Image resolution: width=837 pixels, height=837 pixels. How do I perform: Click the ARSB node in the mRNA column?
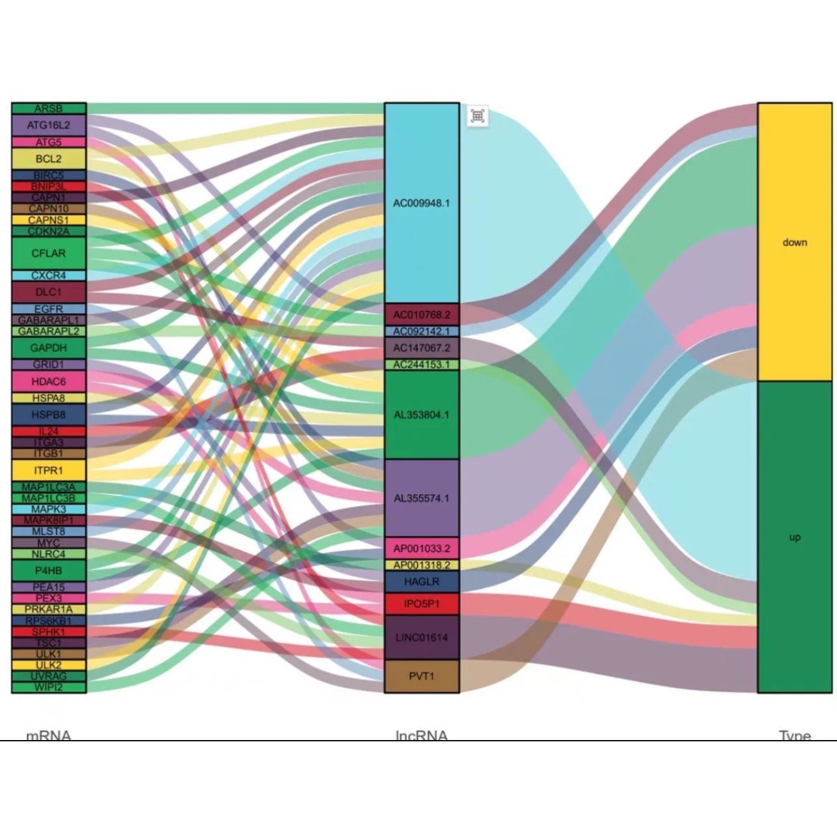(x=49, y=109)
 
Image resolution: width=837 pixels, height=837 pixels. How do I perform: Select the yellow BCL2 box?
(x=49, y=159)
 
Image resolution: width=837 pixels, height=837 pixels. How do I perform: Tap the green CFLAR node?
(x=49, y=253)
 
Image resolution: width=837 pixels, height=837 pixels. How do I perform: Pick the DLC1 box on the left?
(x=49, y=292)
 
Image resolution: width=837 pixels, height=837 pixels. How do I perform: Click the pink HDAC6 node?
(x=49, y=381)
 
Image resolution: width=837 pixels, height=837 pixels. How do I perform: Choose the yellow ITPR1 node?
(x=49, y=470)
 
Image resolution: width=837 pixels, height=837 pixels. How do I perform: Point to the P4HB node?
(x=49, y=570)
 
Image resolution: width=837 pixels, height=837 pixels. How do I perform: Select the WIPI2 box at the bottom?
(x=49, y=687)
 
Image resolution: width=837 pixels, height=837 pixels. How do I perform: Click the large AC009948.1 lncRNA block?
(x=422, y=203)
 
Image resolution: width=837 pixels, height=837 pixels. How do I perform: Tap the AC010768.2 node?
(x=422, y=314)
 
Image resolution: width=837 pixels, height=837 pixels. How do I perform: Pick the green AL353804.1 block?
(x=422, y=415)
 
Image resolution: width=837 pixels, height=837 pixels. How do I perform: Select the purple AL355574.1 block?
(x=422, y=498)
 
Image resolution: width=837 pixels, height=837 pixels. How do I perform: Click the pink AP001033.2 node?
(x=422, y=548)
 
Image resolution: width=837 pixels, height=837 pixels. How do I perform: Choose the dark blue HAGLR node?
(x=422, y=582)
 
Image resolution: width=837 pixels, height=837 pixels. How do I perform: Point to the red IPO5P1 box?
(x=422, y=604)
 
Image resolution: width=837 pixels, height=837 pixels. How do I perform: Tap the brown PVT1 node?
(x=422, y=676)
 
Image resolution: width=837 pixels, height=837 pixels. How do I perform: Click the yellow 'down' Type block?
(x=795, y=242)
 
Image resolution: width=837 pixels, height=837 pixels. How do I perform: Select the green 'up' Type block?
(x=795, y=537)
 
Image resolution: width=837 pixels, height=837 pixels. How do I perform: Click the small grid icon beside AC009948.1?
(x=478, y=117)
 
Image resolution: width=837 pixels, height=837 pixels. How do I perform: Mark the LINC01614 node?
(x=422, y=637)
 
